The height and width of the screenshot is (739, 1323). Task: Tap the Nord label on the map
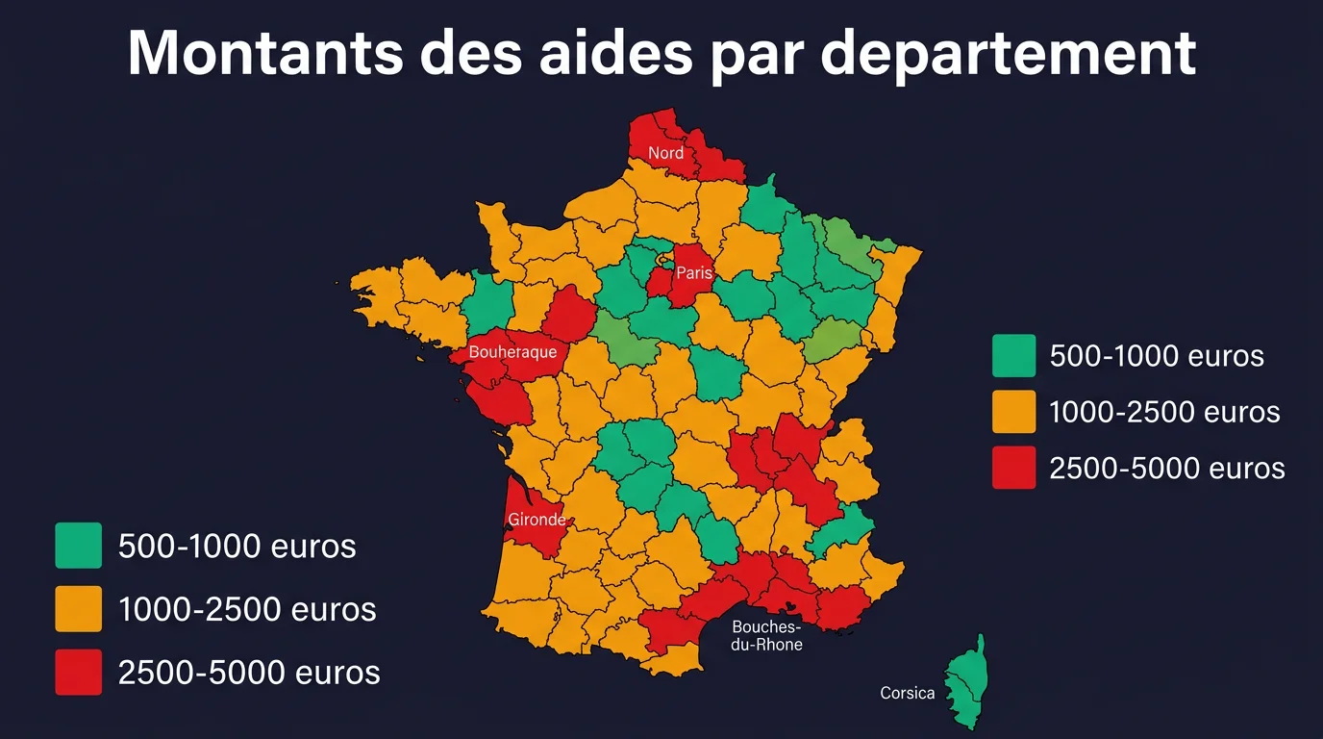(x=665, y=153)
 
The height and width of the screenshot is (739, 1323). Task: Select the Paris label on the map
(x=694, y=272)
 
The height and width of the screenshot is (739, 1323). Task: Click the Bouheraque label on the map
(x=512, y=352)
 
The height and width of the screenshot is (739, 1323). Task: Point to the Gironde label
(x=537, y=520)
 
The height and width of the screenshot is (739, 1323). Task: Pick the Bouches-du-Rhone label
(x=766, y=636)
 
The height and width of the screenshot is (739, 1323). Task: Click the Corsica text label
(x=907, y=693)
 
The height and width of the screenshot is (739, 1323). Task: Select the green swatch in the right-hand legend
(x=1013, y=355)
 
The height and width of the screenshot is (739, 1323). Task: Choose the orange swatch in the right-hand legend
(x=1013, y=411)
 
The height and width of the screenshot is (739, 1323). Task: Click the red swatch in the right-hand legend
(x=1013, y=468)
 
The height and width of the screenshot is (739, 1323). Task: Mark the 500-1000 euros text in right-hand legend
(x=1156, y=356)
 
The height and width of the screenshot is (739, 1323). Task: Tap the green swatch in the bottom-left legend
(x=78, y=546)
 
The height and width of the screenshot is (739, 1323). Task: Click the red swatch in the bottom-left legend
(x=78, y=672)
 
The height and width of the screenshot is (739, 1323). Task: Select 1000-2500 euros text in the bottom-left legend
(x=247, y=609)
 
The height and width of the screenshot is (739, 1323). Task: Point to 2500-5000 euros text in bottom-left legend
(x=249, y=673)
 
